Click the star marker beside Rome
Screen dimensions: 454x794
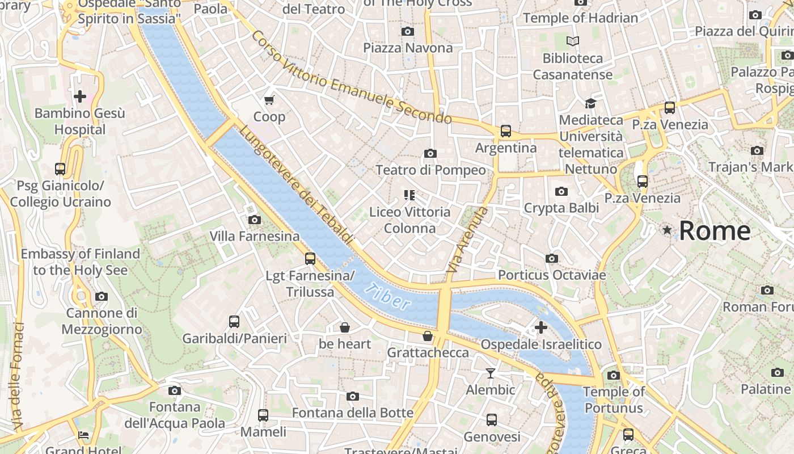coord(667,230)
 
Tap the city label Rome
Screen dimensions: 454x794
coord(715,231)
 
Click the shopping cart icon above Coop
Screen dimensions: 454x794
coord(269,100)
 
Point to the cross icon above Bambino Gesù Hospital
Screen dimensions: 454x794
coord(80,96)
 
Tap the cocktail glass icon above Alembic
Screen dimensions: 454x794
coord(491,373)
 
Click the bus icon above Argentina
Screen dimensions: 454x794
coord(506,131)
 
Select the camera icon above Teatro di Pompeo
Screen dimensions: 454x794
coord(430,153)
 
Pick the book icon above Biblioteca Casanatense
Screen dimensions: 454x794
coord(573,41)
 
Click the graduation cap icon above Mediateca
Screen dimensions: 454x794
coord(590,103)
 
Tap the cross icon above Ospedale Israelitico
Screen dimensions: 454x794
coord(541,327)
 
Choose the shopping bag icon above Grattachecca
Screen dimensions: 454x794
coord(428,336)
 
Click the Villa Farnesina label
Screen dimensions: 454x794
coord(255,236)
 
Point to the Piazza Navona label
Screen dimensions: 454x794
coord(408,48)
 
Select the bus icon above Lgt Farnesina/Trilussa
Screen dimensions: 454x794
coord(310,259)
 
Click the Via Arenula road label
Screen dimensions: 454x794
coord(467,239)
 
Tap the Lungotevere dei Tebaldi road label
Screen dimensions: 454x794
coord(296,184)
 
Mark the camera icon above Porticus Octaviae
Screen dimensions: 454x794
coord(552,259)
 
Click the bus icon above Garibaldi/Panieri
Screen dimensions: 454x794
coord(234,322)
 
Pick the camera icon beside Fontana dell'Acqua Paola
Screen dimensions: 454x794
coord(175,390)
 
